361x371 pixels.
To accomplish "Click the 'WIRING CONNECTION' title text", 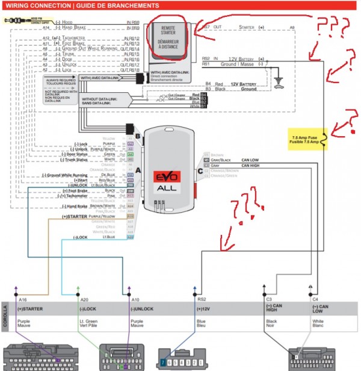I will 37,5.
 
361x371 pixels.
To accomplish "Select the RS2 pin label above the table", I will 201,299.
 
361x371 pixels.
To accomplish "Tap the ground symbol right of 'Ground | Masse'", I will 279,79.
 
